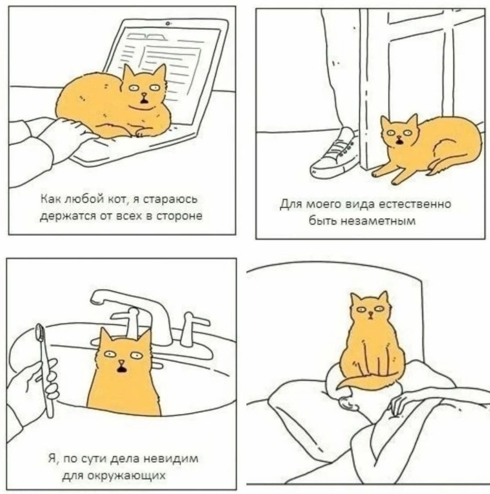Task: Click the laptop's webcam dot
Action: (x=168, y=23)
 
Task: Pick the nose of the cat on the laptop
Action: (x=144, y=94)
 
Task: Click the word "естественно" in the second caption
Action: (x=415, y=204)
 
